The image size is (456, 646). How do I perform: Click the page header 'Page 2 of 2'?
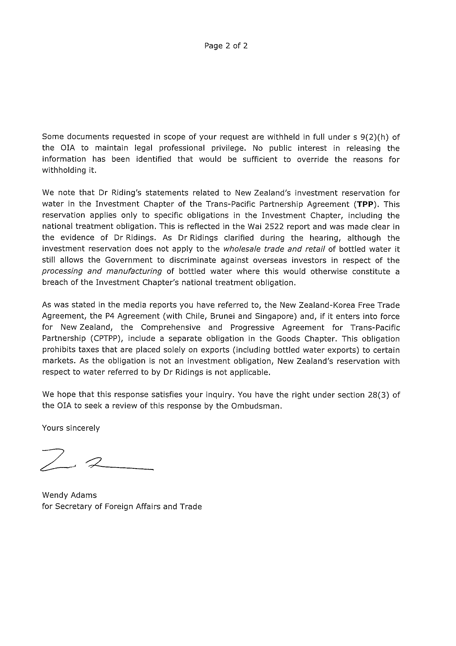[226, 46]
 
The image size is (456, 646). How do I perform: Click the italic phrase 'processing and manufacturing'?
[102, 271]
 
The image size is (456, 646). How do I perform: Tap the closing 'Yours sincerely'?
[71, 428]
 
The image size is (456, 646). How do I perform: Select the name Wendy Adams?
[69, 495]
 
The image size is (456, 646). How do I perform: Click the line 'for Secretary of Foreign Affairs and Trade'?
[122, 506]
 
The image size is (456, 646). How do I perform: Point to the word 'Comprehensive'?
[171, 327]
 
